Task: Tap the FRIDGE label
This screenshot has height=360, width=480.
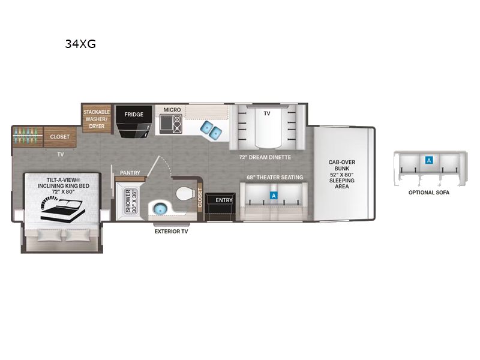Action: (133, 114)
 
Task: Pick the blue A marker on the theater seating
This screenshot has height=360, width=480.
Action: (274, 196)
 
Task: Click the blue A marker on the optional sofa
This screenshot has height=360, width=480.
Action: (428, 160)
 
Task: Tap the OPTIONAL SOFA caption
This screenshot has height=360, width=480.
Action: (428, 193)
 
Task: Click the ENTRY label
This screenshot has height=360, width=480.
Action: (224, 200)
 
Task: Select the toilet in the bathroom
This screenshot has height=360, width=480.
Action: (184, 194)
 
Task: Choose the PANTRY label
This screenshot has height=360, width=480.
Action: (130, 173)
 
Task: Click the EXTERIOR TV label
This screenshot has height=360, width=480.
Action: (171, 231)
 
